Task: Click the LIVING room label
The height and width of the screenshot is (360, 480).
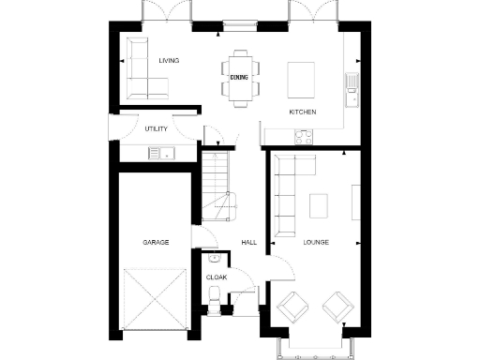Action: click(x=169, y=61)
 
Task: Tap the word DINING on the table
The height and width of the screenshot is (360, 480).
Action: click(x=238, y=78)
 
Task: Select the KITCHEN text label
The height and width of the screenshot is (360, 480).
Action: click(x=302, y=112)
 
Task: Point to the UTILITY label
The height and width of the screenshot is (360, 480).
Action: click(x=156, y=128)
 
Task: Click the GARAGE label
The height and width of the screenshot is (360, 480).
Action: click(x=156, y=242)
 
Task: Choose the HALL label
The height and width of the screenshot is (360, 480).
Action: click(x=248, y=242)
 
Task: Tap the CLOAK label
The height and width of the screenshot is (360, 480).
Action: click(x=216, y=277)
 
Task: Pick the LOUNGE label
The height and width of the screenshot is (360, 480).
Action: click(x=316, y=242)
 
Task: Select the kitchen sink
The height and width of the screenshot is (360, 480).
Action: click(x=352, y=84)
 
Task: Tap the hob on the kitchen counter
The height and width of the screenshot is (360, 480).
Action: click(x=305, y=137)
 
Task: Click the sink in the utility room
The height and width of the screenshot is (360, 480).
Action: click(x=166, y=152)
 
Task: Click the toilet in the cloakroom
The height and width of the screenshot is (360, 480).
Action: click(x=215, y=298)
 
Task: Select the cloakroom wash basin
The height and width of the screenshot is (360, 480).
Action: click(x=215, y=258)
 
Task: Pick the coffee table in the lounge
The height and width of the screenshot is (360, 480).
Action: click(x=320, y=204)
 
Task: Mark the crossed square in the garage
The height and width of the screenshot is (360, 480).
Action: click(x=156, y=298)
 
